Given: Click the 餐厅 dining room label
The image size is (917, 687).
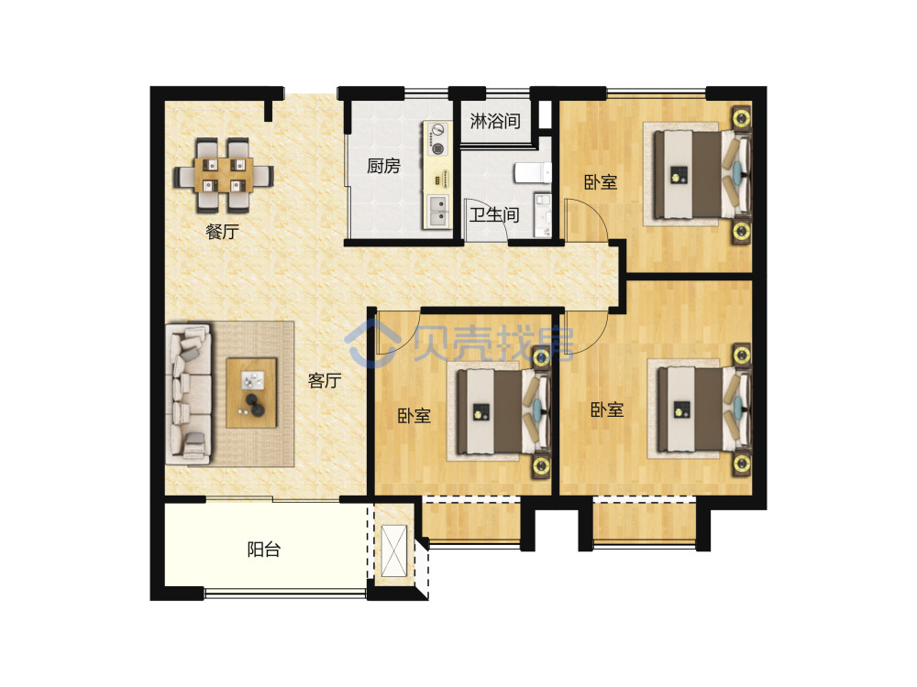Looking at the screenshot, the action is pos(222,232).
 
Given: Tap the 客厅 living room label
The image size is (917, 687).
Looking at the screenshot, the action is pos(325,381).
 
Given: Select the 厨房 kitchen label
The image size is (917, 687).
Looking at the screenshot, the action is pos(383,167).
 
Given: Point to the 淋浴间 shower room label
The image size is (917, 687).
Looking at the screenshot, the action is pos(495,121).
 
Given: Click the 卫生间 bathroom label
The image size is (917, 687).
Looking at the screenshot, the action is pos(494,215).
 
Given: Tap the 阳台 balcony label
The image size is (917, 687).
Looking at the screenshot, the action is pos(264,549).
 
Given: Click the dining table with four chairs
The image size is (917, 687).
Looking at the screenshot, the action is pos(224,175).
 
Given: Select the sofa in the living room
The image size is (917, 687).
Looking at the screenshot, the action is pos(188,394).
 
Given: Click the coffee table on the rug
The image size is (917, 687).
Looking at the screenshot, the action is pos(251,393).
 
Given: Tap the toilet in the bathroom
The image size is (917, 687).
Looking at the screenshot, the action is pos(532,172).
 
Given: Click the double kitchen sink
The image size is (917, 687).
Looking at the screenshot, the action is pos(437,211).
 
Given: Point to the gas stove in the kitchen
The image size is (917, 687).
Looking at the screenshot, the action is pos(437,139).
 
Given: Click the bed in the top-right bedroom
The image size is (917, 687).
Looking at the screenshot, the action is pos(702,174).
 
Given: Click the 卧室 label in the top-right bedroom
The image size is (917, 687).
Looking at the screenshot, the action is pos(601,182).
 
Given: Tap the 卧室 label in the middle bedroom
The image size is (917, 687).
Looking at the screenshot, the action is pos(414,416).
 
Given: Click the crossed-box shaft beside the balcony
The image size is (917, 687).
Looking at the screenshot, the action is pos(393,551).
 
